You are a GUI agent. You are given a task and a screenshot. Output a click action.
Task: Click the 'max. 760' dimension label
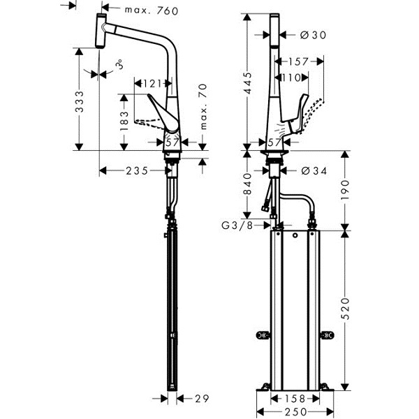point(152,10)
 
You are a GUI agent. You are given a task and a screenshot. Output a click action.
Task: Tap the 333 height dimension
point(80,101)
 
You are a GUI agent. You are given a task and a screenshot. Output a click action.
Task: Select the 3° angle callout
point(119,64)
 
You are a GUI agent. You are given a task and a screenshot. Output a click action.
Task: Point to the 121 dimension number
point(152,84)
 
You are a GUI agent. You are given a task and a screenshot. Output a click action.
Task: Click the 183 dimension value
point(124,121)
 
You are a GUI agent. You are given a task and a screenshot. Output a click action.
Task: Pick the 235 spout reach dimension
point(137,171)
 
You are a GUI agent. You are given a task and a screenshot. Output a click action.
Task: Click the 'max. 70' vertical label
point(203,107)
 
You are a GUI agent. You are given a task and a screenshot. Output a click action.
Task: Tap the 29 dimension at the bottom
point(202,399)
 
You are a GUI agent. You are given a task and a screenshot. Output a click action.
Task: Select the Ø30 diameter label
point(313,35)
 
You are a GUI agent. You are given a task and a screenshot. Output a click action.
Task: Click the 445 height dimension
point(248,83)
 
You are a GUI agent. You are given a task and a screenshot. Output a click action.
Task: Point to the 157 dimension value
point(298,61)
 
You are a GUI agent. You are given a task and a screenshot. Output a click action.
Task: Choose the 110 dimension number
point(291,78)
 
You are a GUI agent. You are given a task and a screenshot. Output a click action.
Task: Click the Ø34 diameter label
point(314,171)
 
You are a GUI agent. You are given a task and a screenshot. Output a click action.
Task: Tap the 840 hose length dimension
point(248,184)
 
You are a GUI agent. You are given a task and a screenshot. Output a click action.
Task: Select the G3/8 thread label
point(237,226)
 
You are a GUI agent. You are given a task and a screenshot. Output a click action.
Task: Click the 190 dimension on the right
point(345,190)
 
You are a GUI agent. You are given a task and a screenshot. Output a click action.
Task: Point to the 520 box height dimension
point(346,309)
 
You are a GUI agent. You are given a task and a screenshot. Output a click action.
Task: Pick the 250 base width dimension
point(295,412)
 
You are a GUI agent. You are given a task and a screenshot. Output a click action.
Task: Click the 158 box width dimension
point(295,399)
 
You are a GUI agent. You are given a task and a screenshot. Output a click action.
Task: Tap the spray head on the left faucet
point(101,31)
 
